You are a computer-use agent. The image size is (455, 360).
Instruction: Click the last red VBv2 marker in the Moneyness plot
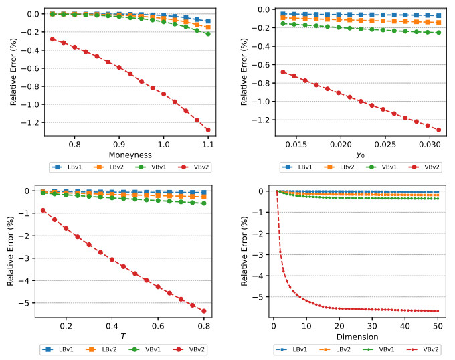pyautogui.click(x=208, y=130)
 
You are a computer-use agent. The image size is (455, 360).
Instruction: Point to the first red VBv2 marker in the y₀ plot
pyautogui.click(x=284, y=72)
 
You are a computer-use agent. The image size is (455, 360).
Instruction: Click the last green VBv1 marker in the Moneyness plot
pyautogui.click(x=208, y=34)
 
